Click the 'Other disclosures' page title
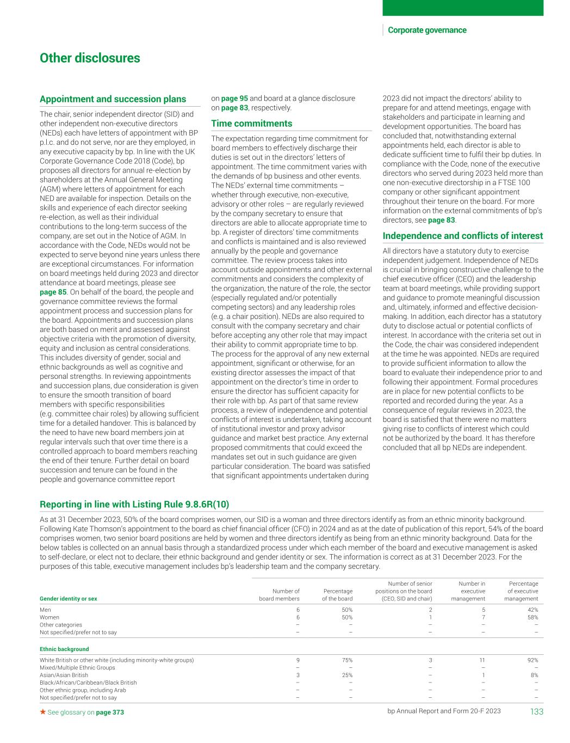pos(90,58)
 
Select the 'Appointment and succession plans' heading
pos(113,99)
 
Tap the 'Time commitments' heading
pos(251,124)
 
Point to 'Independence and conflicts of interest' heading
pos(462,236)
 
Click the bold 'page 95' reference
pos(234,99)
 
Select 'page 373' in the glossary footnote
pos(110,712)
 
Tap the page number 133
pos(536,711)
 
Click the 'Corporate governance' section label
pos(427,30)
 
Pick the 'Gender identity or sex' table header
pos(68,599)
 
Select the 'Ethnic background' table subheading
pos(64,649)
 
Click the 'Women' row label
pos(49,617)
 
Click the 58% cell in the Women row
pos(532,617)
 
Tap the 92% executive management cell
pos(532,660)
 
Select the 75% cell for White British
pos(346,660)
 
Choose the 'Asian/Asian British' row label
pos(64,675)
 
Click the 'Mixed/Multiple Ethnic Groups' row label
pos(77,667)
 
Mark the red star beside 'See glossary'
pos(42,711)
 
